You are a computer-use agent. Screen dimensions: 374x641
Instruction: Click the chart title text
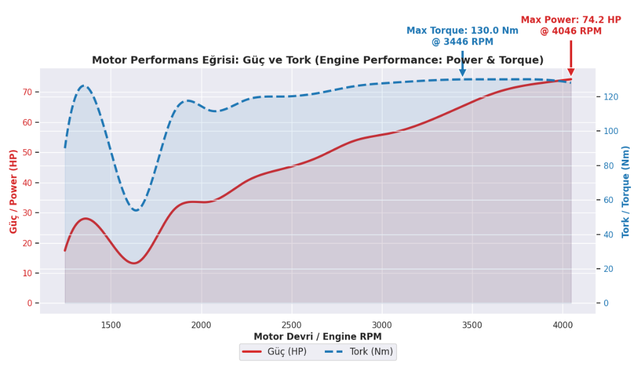[317, 60]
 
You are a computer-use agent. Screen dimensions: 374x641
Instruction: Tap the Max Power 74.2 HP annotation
[571, 26]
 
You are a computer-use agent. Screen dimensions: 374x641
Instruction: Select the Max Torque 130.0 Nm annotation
[462, 36]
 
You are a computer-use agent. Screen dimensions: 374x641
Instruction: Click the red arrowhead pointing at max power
[571, 72]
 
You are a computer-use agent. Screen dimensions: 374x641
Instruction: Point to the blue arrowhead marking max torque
[463, 73]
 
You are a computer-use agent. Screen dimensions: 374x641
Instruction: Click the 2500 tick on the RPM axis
[292, 325]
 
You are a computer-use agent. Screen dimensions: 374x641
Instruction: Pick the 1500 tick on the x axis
[111, 325]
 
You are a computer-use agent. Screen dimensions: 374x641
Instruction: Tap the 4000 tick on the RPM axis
[563, 325]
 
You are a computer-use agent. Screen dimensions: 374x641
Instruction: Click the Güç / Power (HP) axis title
[14, 191]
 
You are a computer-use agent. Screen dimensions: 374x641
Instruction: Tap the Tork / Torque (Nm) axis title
[626, 191]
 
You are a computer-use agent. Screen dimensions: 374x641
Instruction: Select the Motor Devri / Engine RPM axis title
[317, 336]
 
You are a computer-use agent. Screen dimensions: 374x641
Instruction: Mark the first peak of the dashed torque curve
[84, 86]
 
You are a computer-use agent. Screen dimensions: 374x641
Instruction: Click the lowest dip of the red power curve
[133, 263]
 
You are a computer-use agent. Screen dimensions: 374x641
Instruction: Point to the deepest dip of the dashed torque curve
[136, 210]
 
